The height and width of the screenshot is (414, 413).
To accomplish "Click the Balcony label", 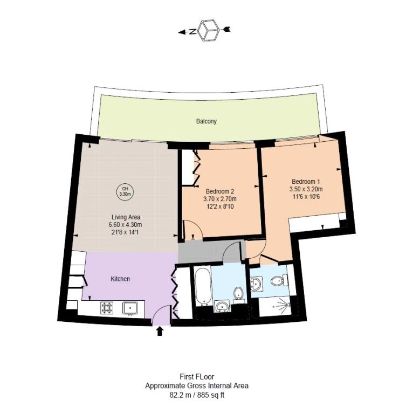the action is point(206,121).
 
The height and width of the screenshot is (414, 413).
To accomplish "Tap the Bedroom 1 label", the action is point(306,182).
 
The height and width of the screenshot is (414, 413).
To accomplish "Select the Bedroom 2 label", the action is point(220,191).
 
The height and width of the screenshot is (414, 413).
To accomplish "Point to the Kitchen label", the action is point(120,279).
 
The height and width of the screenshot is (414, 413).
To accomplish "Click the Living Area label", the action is point(126,217).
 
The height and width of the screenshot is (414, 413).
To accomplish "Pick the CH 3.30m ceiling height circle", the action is point(125,191).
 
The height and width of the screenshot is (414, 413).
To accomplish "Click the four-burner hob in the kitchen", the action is point(107,308).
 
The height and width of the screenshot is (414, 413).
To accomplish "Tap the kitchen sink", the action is point(130,308).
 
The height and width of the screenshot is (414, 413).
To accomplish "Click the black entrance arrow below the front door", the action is point(160,331).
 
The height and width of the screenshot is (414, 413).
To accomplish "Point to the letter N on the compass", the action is point(193,32).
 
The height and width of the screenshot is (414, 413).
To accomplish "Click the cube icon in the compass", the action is point(209,30).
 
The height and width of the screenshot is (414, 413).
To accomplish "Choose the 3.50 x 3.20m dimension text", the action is point(306,189).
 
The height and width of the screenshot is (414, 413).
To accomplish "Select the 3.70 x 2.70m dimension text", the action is point(220,198).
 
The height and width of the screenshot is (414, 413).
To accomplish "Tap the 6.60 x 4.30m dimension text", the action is point(126,225).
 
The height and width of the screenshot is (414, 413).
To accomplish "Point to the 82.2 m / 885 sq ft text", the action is point(197,395).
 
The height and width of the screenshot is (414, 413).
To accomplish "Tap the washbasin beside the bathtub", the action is point(222,306).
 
